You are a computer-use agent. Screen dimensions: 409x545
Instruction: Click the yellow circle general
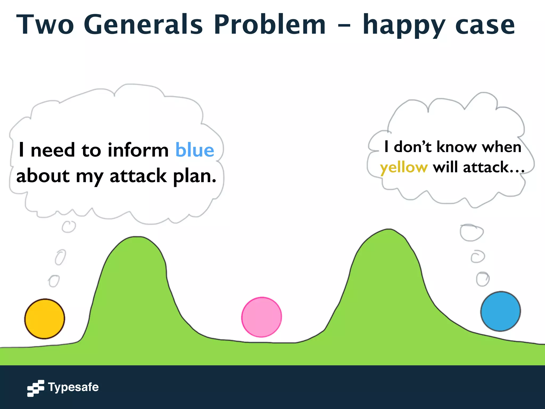coord(45,319)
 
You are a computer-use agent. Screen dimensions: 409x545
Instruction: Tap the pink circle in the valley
coord(262,317)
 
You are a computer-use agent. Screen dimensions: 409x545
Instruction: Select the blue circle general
coord(501,311)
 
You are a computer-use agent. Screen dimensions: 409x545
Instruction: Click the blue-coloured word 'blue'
coord(195,150)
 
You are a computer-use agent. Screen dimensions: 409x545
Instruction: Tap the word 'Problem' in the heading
coord(270,24)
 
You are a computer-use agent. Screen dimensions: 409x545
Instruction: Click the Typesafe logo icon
coord(35,388)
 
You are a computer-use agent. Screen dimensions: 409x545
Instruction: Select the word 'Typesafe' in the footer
coord(73,387)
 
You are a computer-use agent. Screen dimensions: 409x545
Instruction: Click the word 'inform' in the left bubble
coord(138,150)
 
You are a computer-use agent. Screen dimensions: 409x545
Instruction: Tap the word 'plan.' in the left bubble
coord(195,176)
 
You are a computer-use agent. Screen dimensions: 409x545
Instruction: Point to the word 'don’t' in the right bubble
coord(412,147)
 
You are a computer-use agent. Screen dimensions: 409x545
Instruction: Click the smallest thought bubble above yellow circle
coord(54,281)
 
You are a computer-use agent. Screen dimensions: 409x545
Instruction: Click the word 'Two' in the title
coord(45,24)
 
